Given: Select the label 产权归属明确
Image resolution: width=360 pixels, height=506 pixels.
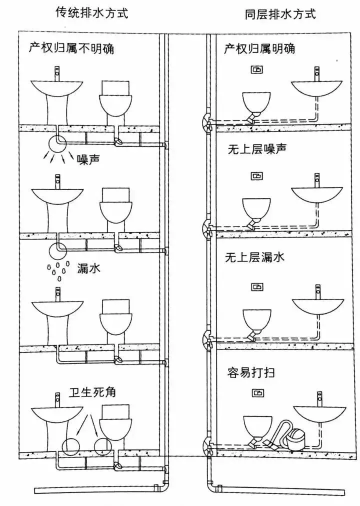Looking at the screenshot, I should (x=259, y=48).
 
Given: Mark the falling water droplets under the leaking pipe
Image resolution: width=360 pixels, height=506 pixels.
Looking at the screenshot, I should (x=55, y=269).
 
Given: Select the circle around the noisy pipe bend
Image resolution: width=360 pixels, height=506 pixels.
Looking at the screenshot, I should (x=56, y=144).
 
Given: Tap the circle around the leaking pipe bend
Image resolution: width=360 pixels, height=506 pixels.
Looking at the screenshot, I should (x=57, y=248).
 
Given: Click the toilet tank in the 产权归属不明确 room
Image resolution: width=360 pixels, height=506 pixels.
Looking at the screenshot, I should (x=116, y=88).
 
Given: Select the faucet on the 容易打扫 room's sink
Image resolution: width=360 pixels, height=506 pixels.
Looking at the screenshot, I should (x=318, y=398).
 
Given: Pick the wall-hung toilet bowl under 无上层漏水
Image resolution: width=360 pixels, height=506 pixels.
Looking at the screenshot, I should (x=256, y=318).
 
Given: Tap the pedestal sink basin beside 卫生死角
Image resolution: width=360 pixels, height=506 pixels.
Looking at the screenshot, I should (x=56, y=415).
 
